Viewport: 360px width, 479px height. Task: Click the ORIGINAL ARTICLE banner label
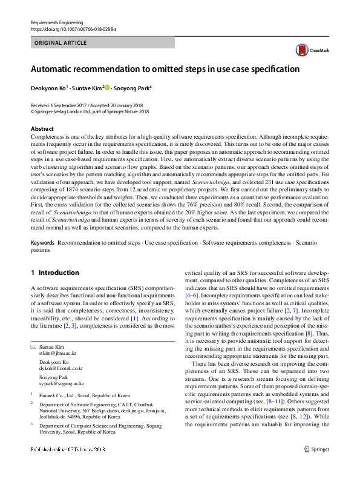tap(61, 43)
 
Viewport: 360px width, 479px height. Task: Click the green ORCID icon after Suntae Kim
tap(108, 88)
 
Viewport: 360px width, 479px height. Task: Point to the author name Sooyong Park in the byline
tap(132, 88)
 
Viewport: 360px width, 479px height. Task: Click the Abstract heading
tap(42, 129)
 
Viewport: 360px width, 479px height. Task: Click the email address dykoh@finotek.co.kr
tap(61, 368)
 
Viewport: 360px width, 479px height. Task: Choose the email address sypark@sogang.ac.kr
tap(62, 383)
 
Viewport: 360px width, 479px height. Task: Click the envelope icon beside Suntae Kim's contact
tap(33, 348)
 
